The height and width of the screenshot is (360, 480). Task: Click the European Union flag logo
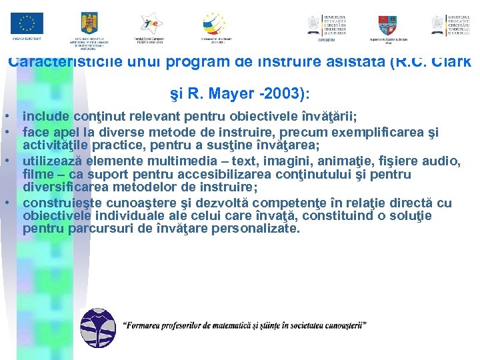pyautogui.click(x=27, y=24)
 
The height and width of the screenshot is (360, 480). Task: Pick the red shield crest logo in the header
pyautogui.click(x=387, y=25)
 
